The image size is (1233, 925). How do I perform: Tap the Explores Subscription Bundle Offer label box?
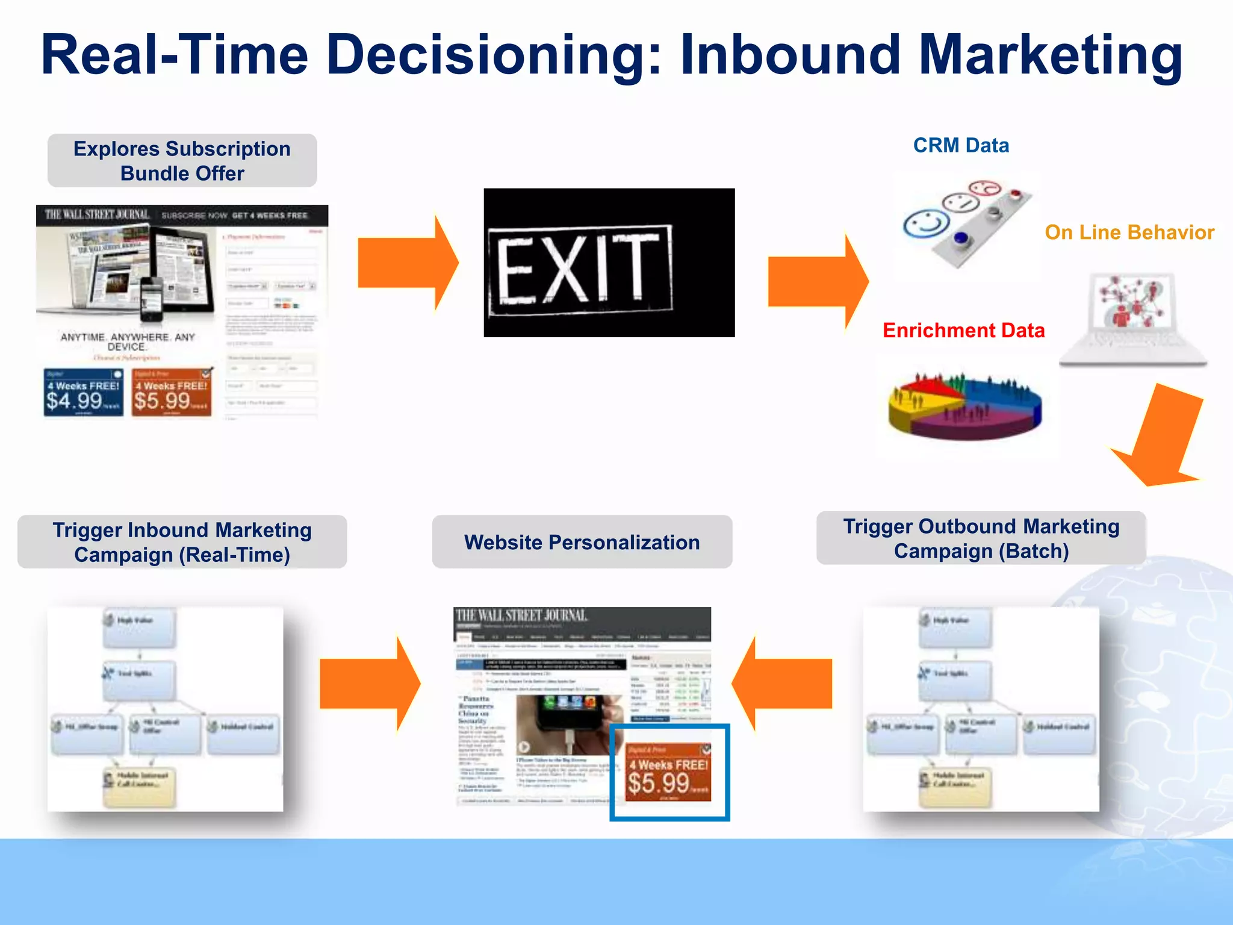182,161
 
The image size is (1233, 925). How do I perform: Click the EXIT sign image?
609,263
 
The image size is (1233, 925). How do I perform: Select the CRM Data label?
960,146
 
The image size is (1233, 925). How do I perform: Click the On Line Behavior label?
1129,232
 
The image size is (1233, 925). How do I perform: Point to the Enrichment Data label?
963,331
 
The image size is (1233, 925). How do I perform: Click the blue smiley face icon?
926,224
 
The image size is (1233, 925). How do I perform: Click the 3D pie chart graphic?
965,405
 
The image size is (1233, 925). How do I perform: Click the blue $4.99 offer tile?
83,393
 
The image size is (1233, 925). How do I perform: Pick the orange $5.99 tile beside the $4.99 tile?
172,393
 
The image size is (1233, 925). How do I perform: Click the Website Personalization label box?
582,542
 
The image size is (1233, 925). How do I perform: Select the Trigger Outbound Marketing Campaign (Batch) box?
981,538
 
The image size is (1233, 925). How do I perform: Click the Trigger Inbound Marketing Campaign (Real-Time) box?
182,542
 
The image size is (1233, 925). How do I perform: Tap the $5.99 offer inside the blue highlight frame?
668,773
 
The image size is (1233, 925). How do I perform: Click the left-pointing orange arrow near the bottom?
782,684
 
